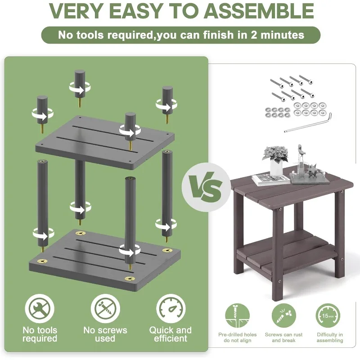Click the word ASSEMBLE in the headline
(259, 10)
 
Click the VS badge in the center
(206, 187)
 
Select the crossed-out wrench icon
(40, 308)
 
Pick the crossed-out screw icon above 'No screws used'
(105, 308)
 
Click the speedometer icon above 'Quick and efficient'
(171, 308)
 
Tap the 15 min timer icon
(328, 316)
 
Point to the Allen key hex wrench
(308, 124)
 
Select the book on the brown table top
(271, 179)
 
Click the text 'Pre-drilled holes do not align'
(238, 337)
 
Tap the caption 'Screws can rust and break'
(283, 337)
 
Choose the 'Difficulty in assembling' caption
(330, 337)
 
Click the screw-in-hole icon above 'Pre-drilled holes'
(237, 316)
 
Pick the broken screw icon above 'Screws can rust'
(283, 316)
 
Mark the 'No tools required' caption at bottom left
(40, 334)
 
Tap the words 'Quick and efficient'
(171, 334)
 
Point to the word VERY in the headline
(76, 10)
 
